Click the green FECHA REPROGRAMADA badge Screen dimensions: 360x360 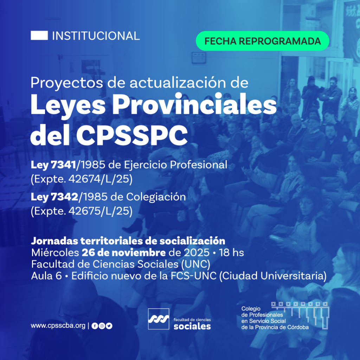[262, 41]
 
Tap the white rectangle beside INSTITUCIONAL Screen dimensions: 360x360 [39, 36]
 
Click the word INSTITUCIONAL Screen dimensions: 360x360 [96, 36]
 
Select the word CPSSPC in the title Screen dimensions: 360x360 [132, 135]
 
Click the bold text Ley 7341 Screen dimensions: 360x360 [53, 165]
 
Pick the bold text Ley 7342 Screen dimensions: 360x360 [54, 197]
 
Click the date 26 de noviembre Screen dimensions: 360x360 [123, 253]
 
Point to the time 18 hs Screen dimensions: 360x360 [231, 253]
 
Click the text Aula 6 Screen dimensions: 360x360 [46, 276]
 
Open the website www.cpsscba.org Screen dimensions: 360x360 [58, 326]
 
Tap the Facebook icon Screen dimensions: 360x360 [95, 326]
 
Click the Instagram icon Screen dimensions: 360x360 [102, 326]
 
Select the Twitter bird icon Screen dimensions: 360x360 [109, 326]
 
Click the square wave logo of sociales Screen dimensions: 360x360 [159, 319]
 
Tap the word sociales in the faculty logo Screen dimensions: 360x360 [192, 326]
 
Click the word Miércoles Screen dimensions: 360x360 [55, 253]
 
